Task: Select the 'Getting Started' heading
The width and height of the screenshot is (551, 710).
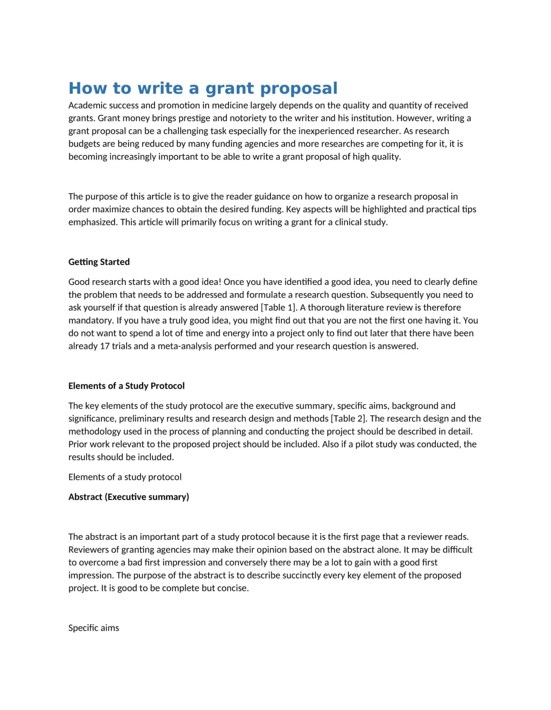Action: [x=99, y=262]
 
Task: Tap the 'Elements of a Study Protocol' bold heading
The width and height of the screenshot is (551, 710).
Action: [x=126, y=386]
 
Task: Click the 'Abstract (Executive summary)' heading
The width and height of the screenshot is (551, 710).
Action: [x=129, y=497]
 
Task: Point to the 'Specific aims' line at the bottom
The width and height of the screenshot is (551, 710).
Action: [x=93, y=628]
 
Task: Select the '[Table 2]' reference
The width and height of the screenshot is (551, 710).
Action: [x=348, y=419]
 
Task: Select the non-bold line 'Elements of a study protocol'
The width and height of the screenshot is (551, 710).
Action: [x=125, y=477]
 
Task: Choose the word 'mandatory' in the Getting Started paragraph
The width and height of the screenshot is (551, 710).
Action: [x=90, y=321]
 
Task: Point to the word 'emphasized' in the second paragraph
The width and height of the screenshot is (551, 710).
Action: [x=92, y=222]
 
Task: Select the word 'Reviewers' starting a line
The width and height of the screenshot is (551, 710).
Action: [x=88, y=550]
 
